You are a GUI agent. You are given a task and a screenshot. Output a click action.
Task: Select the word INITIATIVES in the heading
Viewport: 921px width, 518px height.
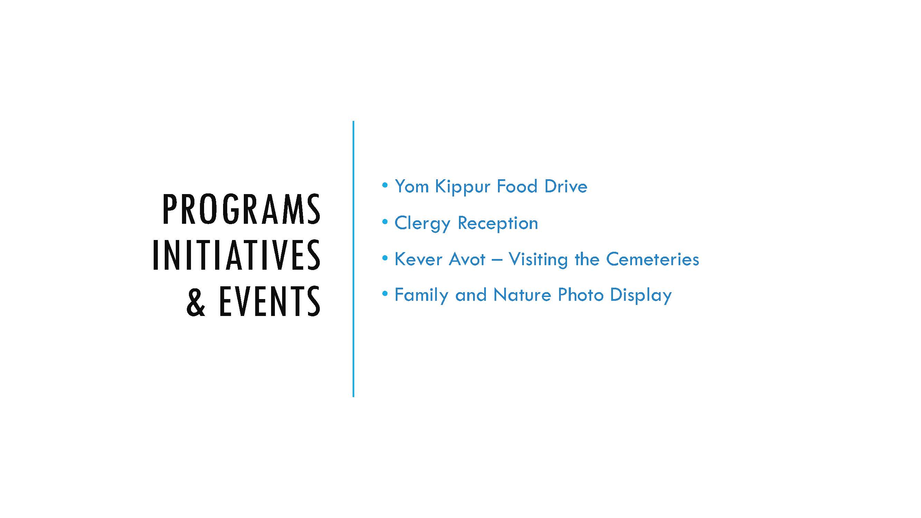(x=237, y=255)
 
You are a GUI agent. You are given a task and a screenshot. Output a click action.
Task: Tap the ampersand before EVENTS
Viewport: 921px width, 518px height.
(x=196, y=301)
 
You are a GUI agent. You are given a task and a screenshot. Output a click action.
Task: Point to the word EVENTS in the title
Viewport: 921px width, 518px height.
(x=270, y=301)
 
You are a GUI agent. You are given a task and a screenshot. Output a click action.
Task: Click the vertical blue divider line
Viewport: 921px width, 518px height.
(x=353, y=259)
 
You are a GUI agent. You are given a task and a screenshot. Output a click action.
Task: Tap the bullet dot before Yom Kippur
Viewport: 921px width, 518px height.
(x=385, y=185)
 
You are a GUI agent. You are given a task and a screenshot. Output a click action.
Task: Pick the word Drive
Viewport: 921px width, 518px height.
(x=566, y=186)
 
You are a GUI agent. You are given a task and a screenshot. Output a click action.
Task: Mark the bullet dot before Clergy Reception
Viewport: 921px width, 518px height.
(x=385, y=222)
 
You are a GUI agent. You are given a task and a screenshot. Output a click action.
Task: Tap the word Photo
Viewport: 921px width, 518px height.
(x=581, y=295)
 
